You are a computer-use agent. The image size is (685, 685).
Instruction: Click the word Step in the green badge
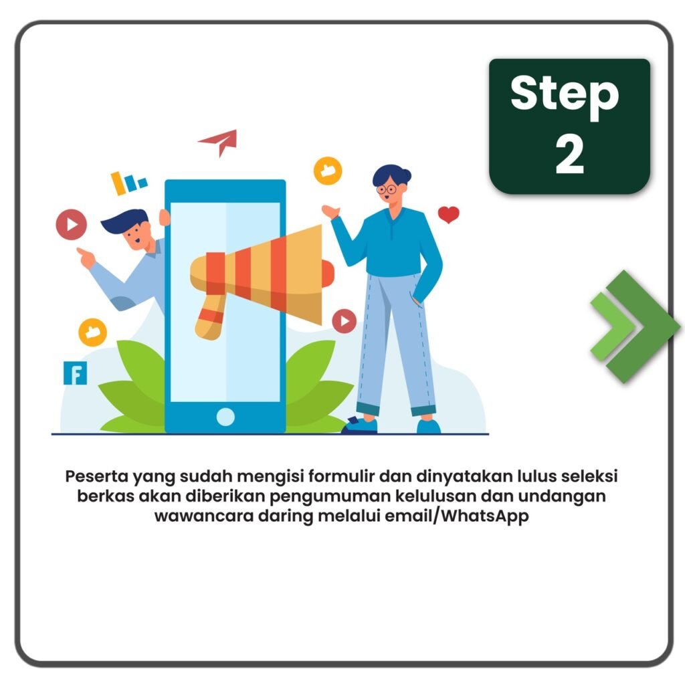[x=565, y=96]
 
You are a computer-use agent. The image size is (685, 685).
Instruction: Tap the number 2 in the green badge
[x=570, y=153]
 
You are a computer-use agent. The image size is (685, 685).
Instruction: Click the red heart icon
[x=448, y=214]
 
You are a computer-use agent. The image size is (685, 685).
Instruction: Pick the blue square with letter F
[x=75, y=373]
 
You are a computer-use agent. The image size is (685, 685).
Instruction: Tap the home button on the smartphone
[x=225, y=416]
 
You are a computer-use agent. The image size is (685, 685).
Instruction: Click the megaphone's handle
[x=210, y=317]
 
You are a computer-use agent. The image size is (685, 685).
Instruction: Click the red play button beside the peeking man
[x=71, y=225]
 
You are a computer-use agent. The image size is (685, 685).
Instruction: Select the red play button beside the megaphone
[x=345, y=321]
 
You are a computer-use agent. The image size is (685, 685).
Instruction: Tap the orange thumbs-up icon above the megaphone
[x=328, y=171]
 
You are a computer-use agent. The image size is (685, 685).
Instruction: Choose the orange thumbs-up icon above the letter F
[x=92, y=332]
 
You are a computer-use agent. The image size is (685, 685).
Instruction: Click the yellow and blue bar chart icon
[x=128, y=183]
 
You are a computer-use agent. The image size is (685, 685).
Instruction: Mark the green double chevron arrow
[x=634, y=326]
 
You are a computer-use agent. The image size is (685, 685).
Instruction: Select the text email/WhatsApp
[x=456, y=516]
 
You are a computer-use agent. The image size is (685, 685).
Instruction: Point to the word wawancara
[x=204, y=516]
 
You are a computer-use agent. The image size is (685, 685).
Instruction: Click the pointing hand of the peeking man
[x=86, y=258]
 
